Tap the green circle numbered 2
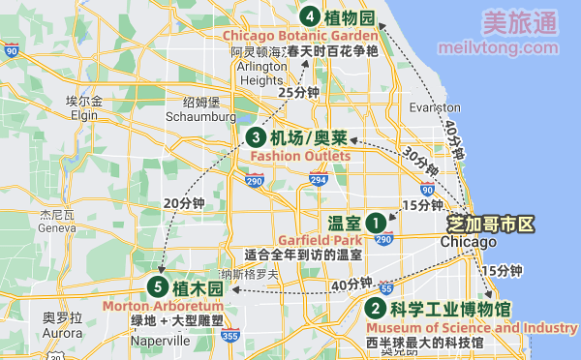pyautogui.click(x=375, y=310)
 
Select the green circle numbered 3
pyautogui.click(x=256, y=137)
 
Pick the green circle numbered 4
pyautogui.click(x=309, y=16)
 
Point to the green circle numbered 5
pyautogui.click(x=158, y=287)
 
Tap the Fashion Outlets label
pyautogui.click(x=301, y=156)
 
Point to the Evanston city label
pyautogui.click(x=434, y=107)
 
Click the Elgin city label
pyautogui.click(x=84, y=114)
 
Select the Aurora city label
pyautogui.click(x=63, y=333)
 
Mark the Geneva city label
pyautogui.click(x=58, y=228)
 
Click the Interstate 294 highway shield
pyautogui.click(x=318, y=179)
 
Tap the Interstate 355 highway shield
pyautogui.click(x=230, y=336)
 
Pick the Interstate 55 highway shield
pyautogui.click(x=386, y=287)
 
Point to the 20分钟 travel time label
pyautogui.click(x=184, y=203)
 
